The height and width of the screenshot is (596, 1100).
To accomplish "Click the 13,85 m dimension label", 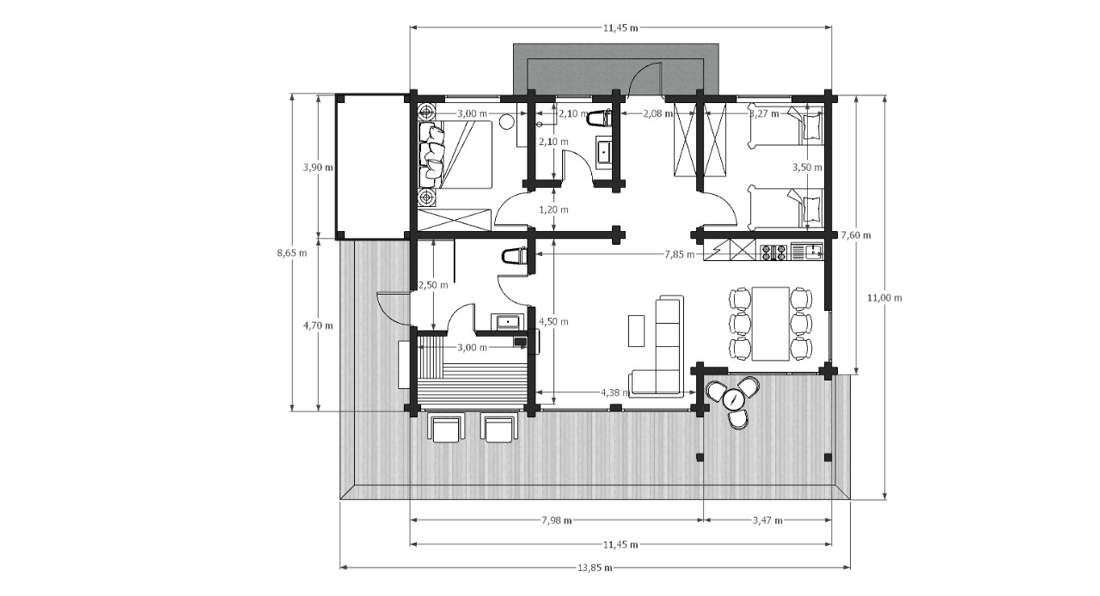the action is [595, 568].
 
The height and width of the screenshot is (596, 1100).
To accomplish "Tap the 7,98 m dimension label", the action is [556, 520].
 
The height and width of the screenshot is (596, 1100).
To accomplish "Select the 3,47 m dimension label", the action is [767, 520].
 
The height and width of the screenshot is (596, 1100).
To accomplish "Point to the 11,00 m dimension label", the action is [884, 298].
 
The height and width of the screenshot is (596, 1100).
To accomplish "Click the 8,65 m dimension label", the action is [292, 253].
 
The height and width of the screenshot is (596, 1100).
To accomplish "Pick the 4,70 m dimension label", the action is [318, 325].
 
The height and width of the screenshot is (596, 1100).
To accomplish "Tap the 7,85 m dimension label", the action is [680, 254].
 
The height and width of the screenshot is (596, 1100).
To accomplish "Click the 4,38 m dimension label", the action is [615, 392].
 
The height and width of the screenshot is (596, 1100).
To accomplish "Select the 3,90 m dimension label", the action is [318, 167].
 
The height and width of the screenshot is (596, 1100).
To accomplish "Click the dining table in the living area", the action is [771, 324].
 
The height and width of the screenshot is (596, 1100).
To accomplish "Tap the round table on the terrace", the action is [734, 399].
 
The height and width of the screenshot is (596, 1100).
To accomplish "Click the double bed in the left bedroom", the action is [455, 155].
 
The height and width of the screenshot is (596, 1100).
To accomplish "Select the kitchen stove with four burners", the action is [774, 252].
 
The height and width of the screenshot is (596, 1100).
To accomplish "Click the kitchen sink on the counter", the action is [814, 252].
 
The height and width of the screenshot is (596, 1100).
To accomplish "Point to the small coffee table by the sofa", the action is [637, 331].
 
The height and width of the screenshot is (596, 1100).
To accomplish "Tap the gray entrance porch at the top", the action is [616, 69].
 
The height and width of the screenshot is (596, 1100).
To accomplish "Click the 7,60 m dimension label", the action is [856, 235].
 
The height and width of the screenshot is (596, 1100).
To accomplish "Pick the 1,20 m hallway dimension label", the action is [554, 210].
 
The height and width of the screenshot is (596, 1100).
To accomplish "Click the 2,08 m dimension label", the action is [658, 114].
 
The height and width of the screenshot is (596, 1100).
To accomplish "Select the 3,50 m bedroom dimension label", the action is [807, 167].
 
